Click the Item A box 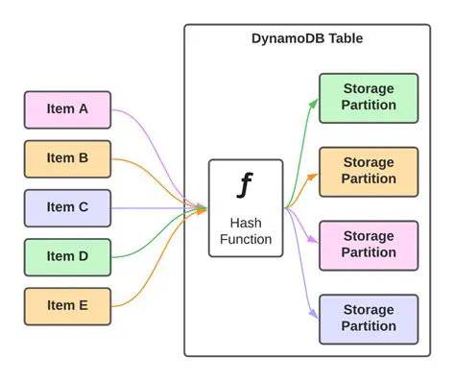[67, 109]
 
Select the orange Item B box [67, 158]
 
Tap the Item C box [67, 207]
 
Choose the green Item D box [67, 256]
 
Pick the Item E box [67, 305]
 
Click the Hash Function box [246, 208]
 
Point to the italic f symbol [246, 184]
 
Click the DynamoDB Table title [308, 38]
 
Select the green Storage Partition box [369, 98]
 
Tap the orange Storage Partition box [369, 172]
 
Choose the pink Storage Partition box [369, 245]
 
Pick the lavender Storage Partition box [369, 319]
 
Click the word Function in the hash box [246, 239]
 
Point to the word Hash [246, 223]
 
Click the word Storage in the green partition [369, 89]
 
